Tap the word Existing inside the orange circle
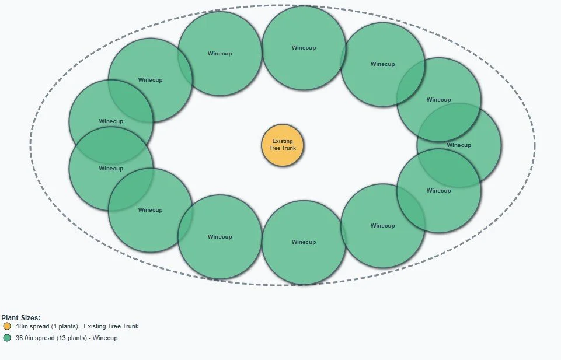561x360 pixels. (x=283, y=141)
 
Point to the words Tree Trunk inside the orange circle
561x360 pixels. (x=283, y=148)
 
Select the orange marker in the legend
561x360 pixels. (x=7, y=326)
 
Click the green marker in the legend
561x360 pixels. (x=7, y=338)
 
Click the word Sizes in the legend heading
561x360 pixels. (x=29, y=318)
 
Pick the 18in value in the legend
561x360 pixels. (x=22, y=326)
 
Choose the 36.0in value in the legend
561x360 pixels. (x=26, y=338)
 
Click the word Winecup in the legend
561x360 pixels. (x=106, y=338)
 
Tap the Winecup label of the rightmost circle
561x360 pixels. (x=459, y=145)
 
